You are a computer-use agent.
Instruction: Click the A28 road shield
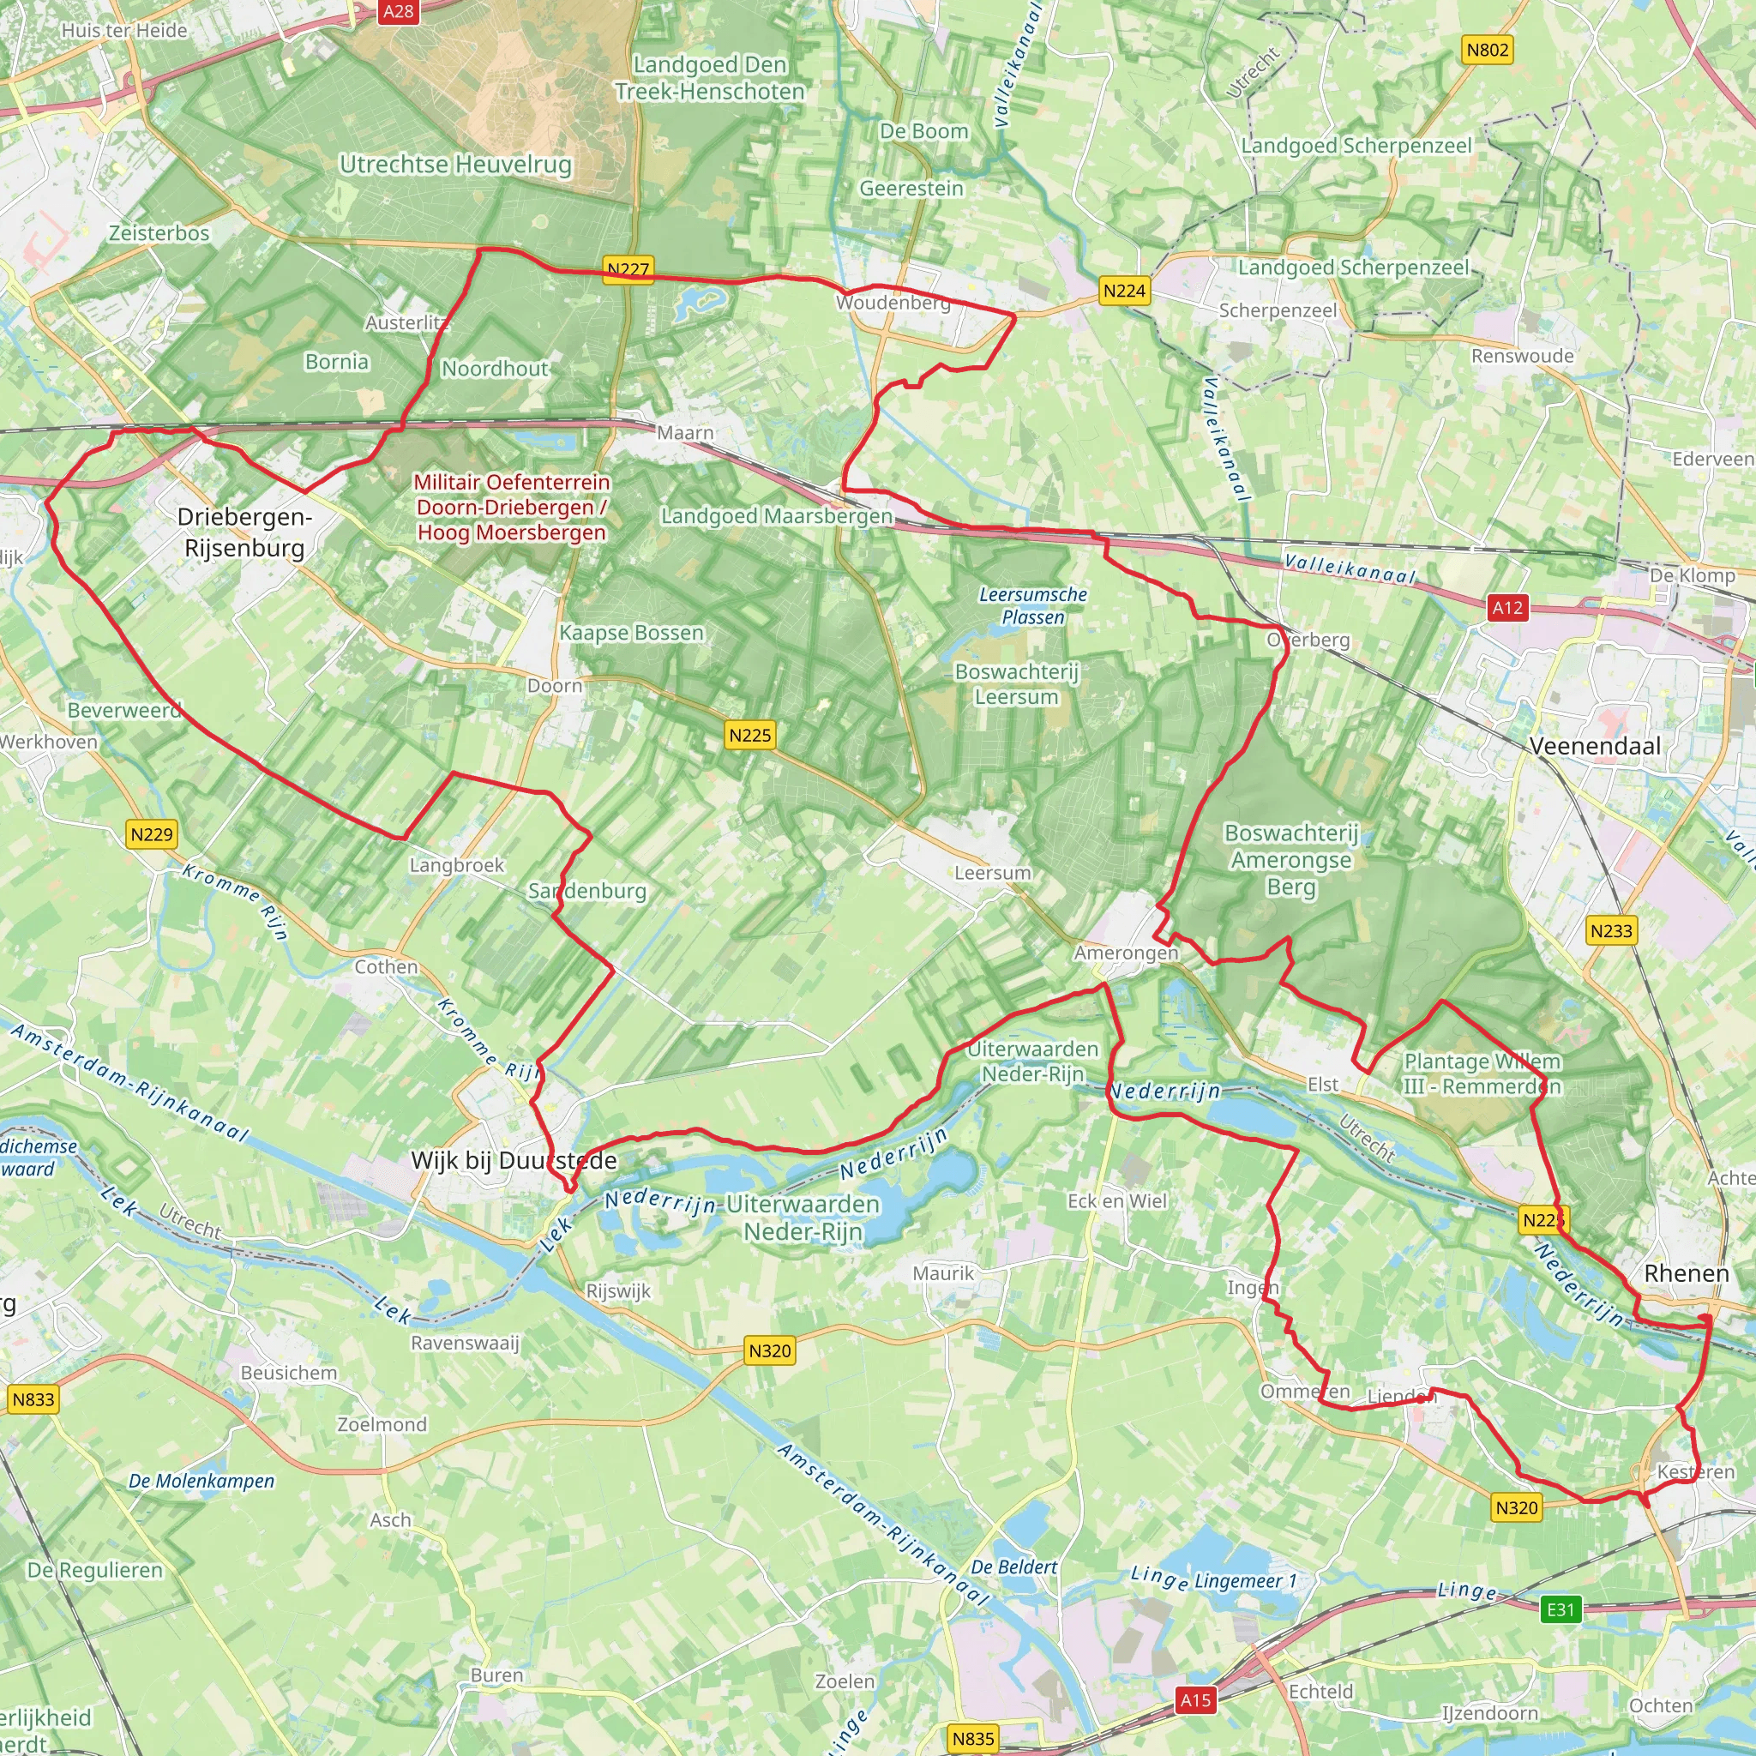398,12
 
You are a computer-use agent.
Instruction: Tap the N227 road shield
628,270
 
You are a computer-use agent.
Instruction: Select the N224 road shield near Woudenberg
1124,291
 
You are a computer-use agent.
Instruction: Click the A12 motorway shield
1507,608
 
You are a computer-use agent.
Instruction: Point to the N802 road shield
1488,50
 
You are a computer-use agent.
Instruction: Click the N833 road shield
33,1399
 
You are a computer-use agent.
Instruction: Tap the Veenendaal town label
1594,746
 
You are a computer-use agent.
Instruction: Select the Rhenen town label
1686,1273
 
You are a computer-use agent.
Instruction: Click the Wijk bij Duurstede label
514,1161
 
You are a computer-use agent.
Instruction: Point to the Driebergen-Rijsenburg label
244,532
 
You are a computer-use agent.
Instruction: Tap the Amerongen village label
1125,953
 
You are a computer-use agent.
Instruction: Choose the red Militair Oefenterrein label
512,508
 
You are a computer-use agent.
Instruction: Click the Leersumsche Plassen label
1032,605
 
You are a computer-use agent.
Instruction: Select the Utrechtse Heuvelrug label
455,165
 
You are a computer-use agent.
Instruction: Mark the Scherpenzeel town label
1277,311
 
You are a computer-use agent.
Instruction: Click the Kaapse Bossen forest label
632,633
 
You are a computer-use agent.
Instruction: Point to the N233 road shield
1610,930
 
